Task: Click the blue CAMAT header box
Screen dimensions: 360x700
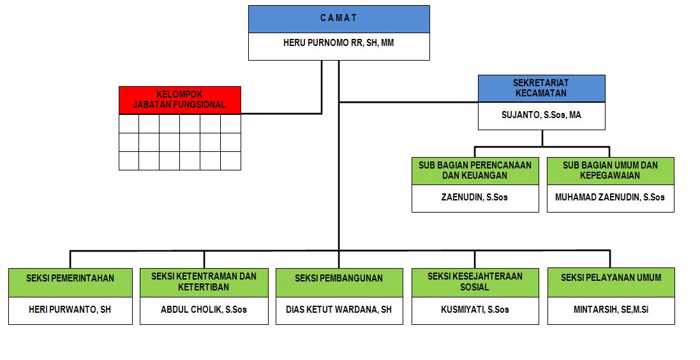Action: click(339, 19)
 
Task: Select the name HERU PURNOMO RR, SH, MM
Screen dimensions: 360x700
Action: click(339, 43)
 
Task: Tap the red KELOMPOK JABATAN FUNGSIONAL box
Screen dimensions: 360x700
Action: click(180, 100)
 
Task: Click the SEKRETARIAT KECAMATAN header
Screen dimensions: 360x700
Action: click(541, 88)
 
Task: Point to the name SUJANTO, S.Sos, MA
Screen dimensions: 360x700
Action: click(541, 116)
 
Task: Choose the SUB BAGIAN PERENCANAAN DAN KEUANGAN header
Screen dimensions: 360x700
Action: click(475, 170)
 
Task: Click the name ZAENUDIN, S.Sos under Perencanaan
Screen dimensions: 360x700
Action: click(475, 197)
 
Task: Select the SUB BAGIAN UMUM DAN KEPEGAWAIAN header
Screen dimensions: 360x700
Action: click(610, 170)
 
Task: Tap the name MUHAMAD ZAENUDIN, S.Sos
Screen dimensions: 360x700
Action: click(610, 197)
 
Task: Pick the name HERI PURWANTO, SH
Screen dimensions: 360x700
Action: click(70, 310)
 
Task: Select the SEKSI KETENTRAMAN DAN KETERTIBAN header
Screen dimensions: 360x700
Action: click(204, 282)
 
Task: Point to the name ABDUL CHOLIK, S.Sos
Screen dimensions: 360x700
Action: click(204, 310)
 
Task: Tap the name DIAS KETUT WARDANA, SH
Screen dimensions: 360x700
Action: click(339, 310)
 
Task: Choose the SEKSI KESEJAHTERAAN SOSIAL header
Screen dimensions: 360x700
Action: click(475, 282)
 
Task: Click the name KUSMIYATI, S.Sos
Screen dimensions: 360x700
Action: click(475, 310)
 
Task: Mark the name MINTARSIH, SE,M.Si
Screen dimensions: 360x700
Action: click(611, 310)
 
